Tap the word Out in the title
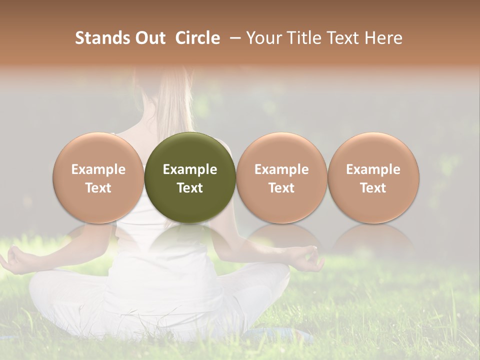tap(149, 38)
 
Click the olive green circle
tap(190, 150)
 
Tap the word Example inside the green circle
tap(190, 169)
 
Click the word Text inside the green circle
tap(190, 188)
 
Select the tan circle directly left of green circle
tap(98, 150)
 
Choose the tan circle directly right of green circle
tap(281, 150)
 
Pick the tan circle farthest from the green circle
tap(373, 150)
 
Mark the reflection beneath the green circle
tap(190, 237)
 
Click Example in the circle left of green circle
tap(98, 169)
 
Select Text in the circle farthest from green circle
tap(373, 188)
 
